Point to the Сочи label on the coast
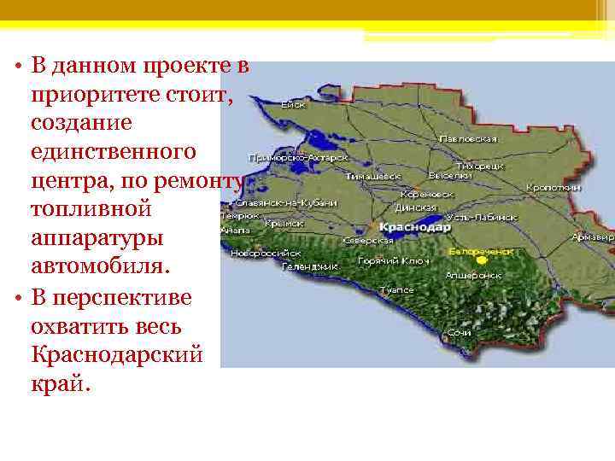[x=460, y=330]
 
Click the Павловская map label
[x=468, y=138]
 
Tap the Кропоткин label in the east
[x=553, y=187]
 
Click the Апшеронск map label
[x=472, y=276]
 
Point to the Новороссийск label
[x=268, y=254]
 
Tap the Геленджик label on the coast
[x=310, y=266]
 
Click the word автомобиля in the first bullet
[x=101, y=266]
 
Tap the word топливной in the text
[x=90, y=207]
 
